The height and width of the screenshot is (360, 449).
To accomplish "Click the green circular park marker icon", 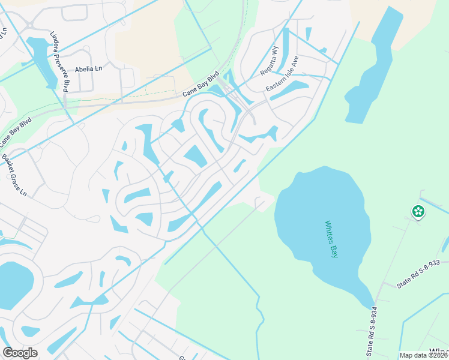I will click(417, 211).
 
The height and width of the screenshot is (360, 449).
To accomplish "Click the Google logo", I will click(20, 353).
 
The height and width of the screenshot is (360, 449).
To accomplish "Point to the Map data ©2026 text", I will click(423, 355).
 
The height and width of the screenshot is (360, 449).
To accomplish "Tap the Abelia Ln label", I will click(89, 69).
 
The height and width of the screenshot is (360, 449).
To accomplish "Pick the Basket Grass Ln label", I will click(14, 176).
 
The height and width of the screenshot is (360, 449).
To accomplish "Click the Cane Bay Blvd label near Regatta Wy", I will click(201, 86).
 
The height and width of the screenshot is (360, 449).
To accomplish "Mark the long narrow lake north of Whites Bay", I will click(375, 72).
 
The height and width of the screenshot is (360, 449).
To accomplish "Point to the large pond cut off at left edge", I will click(13, 285).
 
